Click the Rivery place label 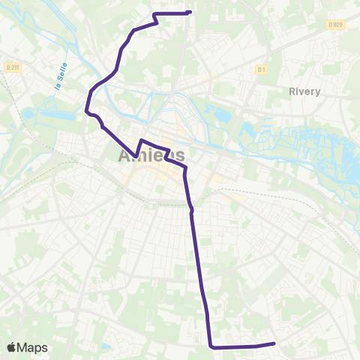pyautogui.click(x=304, y=91)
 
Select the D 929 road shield pyautogui.click(x=335, y=25)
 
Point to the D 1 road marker pyautogui.click(x=262, y=70)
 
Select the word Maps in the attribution pyautogui.click(x=32, y=347)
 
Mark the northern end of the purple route pyautogui.click(x=190, y=12)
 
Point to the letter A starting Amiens pyautogui.click(x=124, y=156)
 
